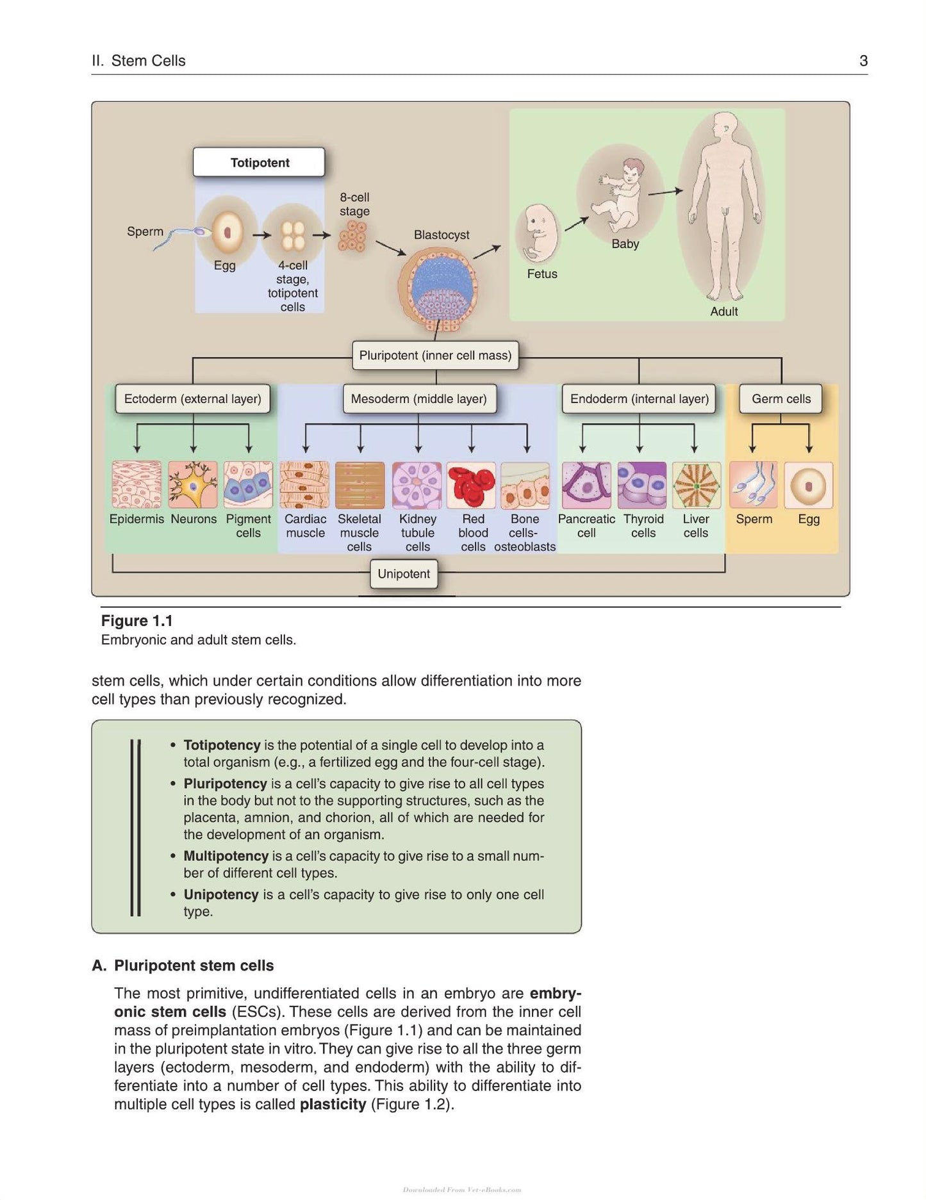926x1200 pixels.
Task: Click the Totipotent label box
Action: [x=259, y=162]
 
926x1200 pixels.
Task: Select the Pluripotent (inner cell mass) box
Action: [x=435, y=355]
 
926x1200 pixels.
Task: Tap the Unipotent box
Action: [x=404, y=574]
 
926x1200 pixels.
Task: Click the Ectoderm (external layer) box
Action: [x=193, y=399]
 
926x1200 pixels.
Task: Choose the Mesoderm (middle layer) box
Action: [x=419, y=399]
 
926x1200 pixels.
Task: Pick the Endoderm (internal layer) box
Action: [x=639, y=399]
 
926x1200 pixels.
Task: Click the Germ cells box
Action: [x=781, y=399]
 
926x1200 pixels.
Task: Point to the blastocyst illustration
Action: [x=437, y=288]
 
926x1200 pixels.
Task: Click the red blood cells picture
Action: [x=471, y=485]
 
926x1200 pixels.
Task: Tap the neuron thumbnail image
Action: [x=193, y=485]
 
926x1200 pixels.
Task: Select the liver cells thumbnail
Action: [x=696, y=485]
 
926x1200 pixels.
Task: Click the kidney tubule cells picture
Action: [x=417, y=485]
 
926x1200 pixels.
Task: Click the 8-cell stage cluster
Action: [x=352, y=237]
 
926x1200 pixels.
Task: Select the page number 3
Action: [x=863, y=61]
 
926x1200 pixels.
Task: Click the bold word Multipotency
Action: [x=226, y=856]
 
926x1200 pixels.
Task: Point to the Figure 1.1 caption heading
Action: [x=137, y=621]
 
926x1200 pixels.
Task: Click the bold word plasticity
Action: [x=333, y=1105]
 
